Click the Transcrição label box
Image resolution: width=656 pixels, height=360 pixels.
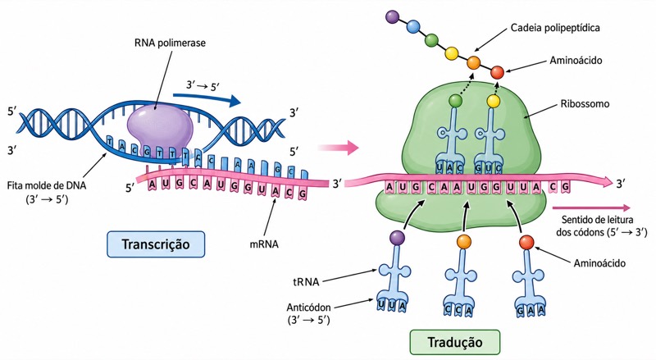pyautogui.click(x=156, y=244)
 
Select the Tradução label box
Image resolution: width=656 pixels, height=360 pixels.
pyautogui.click(x=455, y=342)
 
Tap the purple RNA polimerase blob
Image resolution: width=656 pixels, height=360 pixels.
pyautogui.click(x=160, y=127)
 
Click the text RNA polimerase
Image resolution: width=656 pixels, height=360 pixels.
pyautogui.click(x=170, y=43)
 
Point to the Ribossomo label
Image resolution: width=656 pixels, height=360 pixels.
pyautogui.click(x=585, y=104)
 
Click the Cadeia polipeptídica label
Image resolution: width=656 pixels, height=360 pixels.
pyautogui.click(x=555, y=28)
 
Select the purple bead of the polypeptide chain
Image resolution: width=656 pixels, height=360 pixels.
pyautogui.click(x=393, y=16)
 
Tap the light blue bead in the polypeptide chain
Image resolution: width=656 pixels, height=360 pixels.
pyautogui.click(x=413, y=27)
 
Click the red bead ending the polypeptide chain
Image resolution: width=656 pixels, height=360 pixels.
pyautogui.click(x=497, y=72)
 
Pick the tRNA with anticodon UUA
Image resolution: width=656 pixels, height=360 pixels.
pyautogui.click(x=392, y=276)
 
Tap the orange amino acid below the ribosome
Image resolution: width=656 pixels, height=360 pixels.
pyautogui.click(x=464, y=242)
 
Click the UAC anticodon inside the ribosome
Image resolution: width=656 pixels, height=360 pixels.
pyautogui.click(x=450, y=167)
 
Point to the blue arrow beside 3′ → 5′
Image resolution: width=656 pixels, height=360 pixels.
pyautogui.click(x=207, y=98)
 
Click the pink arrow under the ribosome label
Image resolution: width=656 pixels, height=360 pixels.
pyautogui.click(x=591, y=207)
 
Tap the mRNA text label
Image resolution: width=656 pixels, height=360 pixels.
pyautogui.click(x=264, y=244)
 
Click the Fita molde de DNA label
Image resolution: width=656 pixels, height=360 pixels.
pyautogui.click(x=47, y=185)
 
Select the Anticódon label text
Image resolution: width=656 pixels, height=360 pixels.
pyautogui.click(x=309, y=308)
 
